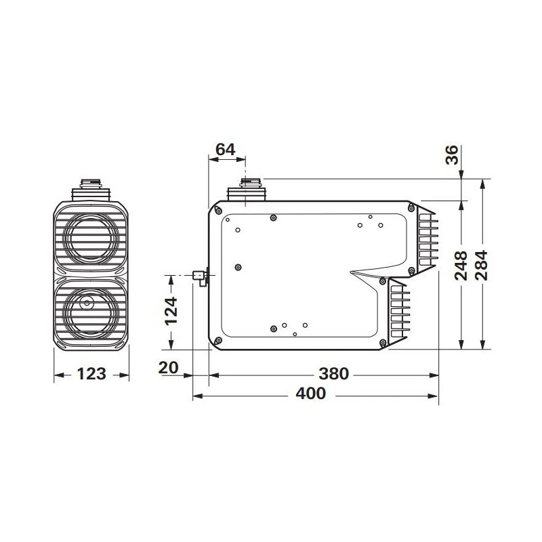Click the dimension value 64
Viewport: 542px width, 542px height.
pos(226,149)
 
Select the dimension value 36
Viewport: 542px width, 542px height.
pos(451,154)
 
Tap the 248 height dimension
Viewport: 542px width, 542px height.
pos(461,266)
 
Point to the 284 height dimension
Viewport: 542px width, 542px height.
pos(482,265)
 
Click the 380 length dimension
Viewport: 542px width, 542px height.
pos(333,374)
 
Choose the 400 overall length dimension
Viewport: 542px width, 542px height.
pos(311,394)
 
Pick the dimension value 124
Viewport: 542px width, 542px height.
pos(171,311)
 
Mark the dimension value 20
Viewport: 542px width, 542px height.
pos(168,367)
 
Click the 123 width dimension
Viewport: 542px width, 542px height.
pos(91,374)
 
